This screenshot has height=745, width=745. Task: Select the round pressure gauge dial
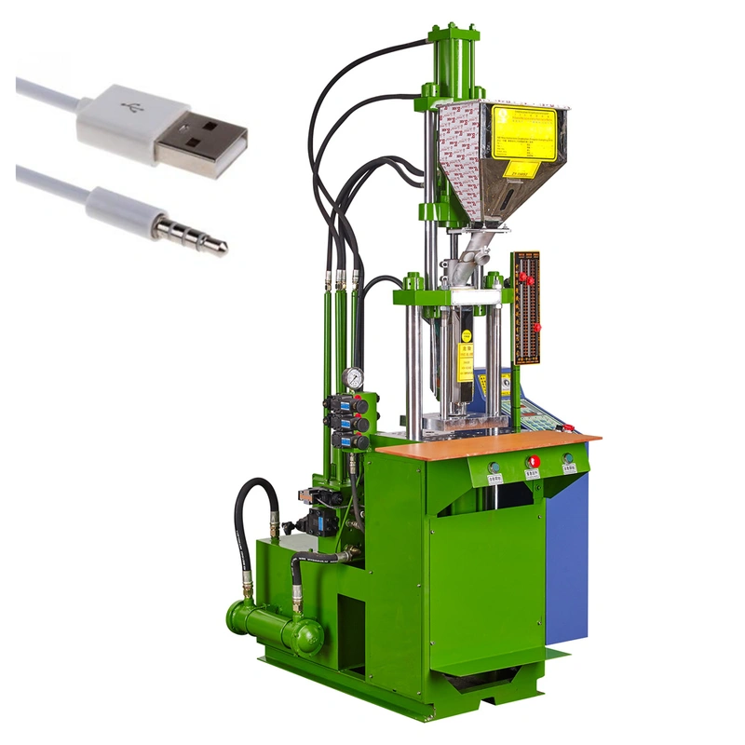coord(353,377)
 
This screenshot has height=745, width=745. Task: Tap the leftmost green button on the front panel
coord(494,467)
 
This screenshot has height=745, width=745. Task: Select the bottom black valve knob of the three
coord(359,441)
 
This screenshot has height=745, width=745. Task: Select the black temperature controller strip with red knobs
coord(526,307)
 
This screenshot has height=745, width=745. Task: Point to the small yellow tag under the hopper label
coord(521,169)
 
